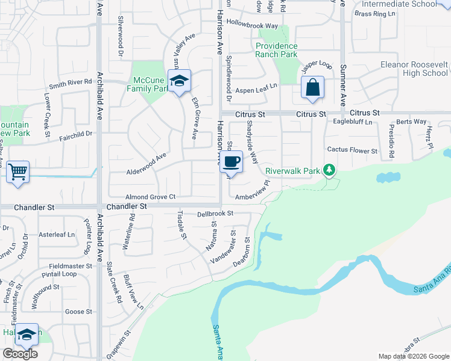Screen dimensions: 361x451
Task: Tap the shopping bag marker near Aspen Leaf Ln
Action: (x=313, y=88)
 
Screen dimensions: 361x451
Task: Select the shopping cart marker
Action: (x=18, y=172)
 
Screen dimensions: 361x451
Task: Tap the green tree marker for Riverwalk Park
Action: (x=329, y=171)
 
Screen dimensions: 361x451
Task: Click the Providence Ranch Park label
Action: (x=277, y=50)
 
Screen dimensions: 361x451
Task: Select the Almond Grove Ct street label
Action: (x=150, y=197)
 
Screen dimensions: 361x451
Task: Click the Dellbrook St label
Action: (x=215, y=214)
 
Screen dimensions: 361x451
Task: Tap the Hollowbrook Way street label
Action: (x=253, y=26)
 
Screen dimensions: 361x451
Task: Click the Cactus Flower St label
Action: (x=352, y=150)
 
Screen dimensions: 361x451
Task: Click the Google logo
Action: (x=20, y=354)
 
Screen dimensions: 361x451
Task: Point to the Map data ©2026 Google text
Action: (x=414, y=356)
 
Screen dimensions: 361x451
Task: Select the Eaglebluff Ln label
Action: (x=353, y=122)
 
